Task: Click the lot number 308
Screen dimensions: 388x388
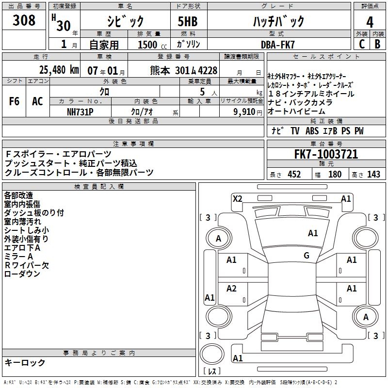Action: tap(24, 20)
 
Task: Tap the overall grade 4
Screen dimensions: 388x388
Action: tap(370, 22)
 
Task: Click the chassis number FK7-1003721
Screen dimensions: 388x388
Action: tap(326, 155)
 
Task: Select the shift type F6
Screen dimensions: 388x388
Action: tap(14, 101)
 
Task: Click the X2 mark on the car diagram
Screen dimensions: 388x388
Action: tap(237, 198)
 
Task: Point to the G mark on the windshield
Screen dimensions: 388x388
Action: tap(307, 256)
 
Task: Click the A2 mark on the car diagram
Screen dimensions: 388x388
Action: tap(232, 288)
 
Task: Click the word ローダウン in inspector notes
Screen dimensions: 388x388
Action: tap(22, 274)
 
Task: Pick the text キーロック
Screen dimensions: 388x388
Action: tap(25, 363)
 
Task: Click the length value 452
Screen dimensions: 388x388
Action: tap(294, 175)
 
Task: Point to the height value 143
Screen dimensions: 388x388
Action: tap(373, 175)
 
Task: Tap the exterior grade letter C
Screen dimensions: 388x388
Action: tap(361, 44)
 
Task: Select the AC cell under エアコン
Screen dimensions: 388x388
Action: tap(37, 101)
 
